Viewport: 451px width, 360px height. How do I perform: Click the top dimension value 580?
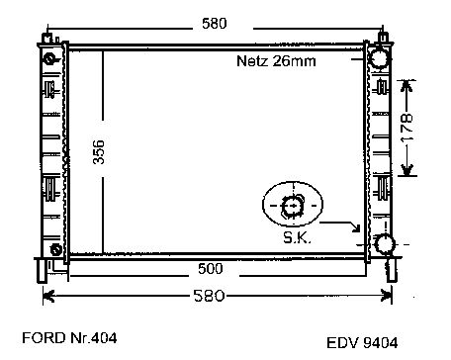pyautogui.click(x=215, y=24)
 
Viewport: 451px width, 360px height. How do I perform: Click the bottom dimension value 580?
pyautogui.click(x=209, y=296)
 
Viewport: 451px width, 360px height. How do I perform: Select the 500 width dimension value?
pyautogui.click(x=211, y=269)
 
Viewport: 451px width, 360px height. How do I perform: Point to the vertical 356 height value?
pyautogui.click(x=99, y=152)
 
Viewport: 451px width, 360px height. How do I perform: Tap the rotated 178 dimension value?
pyautogui.click(x=406, y=128)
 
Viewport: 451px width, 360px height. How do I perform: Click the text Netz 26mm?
pyautogui.click(x=276, y=61)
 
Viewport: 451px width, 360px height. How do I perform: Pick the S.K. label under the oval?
pyautogui.click(x=297, y=237)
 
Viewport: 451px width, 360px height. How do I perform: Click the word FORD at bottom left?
pyautogui.click(x=44, y=338)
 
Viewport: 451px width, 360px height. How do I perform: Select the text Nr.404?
pyautogui.click(x=94, y=338)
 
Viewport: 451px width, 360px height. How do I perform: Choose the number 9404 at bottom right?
pyautogui.click(x=380, y=343)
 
